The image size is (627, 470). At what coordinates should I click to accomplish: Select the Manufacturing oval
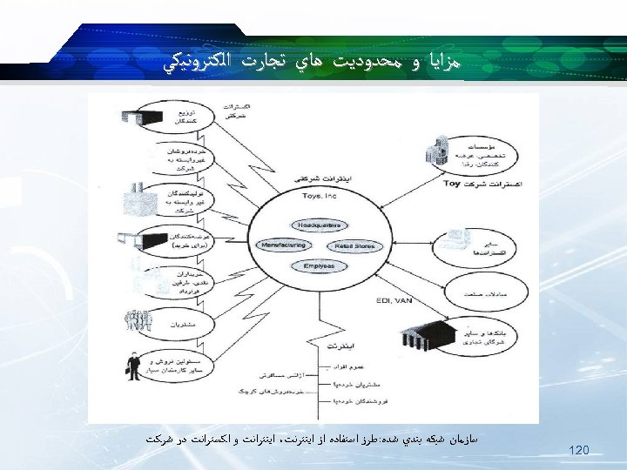pyautogui.click(x=283, y=245)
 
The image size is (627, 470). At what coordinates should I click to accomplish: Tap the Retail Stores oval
pyautogui.click(x=354, y=246)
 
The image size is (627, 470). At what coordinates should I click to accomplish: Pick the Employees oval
pyautogui.click(x=318, y=266)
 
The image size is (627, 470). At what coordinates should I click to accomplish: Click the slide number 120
pyautogui.click(x=578, y=450)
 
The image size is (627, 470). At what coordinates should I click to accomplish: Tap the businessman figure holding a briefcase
pyautogui.click(x=132, y=368)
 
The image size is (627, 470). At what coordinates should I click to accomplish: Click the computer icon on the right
pyautogui.click(x=454, y=238)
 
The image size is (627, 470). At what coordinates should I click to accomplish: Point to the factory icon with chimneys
pyautogui.click(x=137, y=198)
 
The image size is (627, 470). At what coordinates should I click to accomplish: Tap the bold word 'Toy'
pyautogui.click(x=451, y=185)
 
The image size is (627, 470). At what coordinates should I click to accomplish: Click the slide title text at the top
pyautogui.click(x=313, y=63)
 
